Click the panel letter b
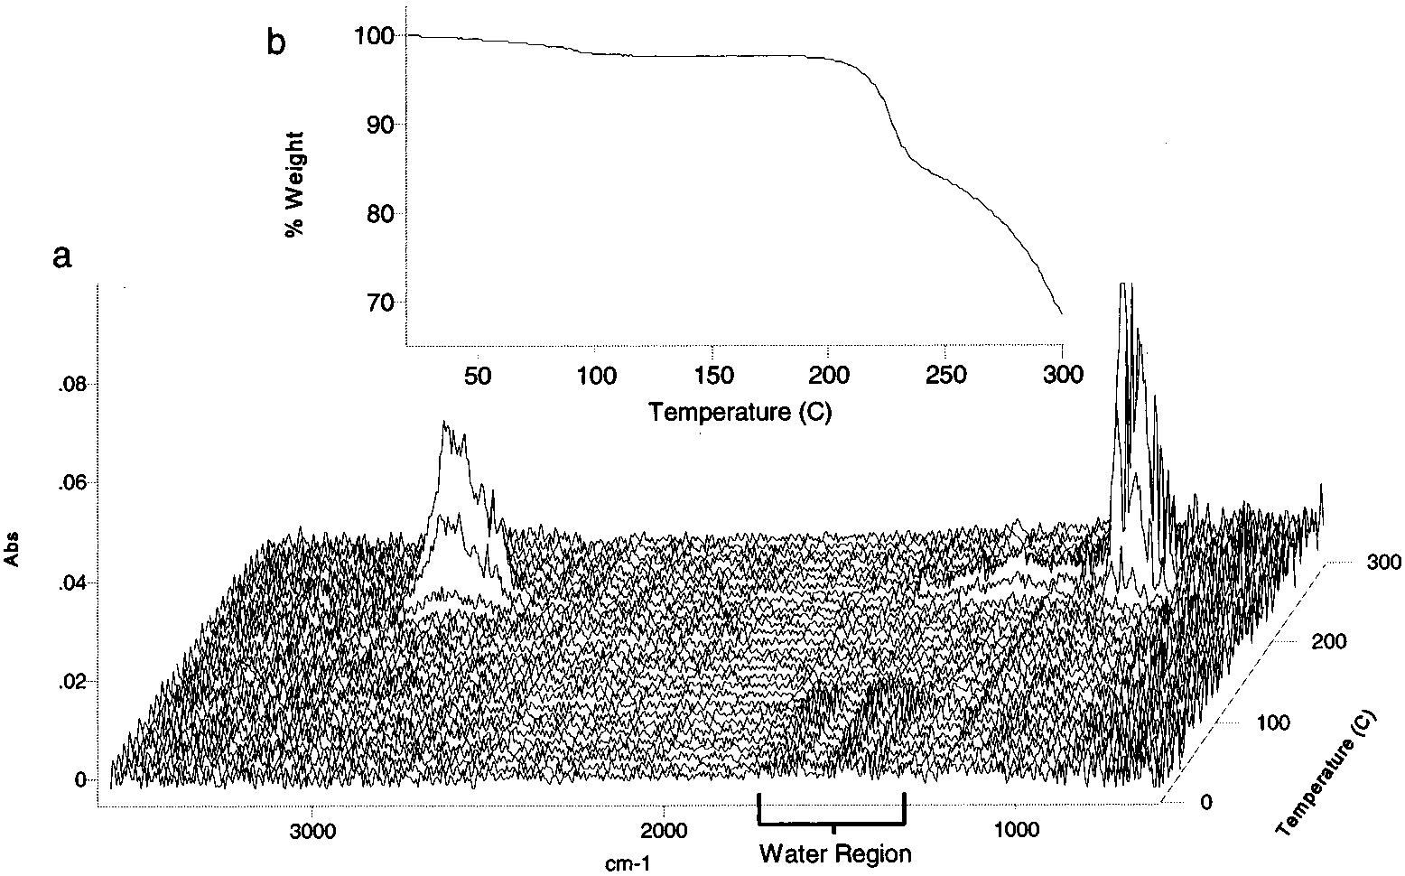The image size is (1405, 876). tap(277, 42)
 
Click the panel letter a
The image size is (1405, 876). tap(61, 257)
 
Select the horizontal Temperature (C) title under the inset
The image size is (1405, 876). tap(740, 413)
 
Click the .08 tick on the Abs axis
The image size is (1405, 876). tap(72, 386)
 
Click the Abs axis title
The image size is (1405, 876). tap(14, 548)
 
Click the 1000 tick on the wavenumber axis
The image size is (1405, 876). tap(1017, 829)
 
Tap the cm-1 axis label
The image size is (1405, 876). tap(626, 863)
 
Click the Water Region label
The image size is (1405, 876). tap(835, 853)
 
